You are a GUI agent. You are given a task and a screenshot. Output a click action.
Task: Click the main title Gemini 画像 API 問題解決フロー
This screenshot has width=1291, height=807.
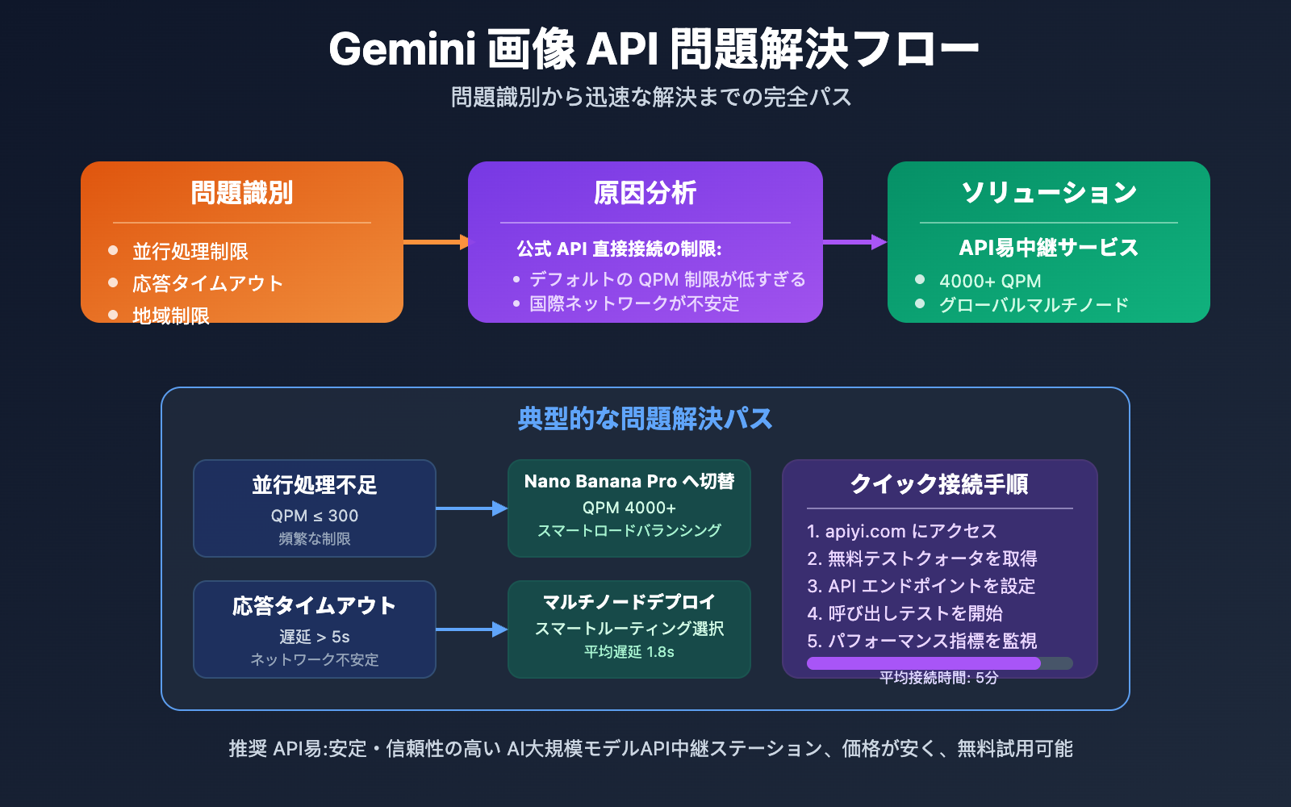click(654, 49)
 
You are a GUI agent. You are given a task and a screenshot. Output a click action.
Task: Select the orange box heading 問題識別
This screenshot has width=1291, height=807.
click(242, 194)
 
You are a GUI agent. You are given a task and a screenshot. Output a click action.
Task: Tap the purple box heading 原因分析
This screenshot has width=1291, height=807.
click(645, 194)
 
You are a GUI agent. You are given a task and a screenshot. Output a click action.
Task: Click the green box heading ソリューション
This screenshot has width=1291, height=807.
click(1049, 193)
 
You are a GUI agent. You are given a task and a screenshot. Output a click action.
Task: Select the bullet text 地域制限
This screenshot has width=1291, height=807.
click(171, 316)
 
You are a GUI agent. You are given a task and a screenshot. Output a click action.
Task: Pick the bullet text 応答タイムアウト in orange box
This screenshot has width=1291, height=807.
click(208, 283)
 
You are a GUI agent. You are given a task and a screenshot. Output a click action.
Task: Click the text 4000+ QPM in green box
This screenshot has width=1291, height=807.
click(990, 281)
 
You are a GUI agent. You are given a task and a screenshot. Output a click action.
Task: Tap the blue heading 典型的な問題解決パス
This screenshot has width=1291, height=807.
click(645, 419)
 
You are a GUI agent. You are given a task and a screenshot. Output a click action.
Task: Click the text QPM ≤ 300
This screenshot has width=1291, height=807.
click(315, 516)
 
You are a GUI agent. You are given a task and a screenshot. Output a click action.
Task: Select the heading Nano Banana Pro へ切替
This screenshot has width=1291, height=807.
click(629, 482)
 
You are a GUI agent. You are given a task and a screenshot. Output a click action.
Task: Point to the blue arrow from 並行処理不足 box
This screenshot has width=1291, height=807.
click(471, 508)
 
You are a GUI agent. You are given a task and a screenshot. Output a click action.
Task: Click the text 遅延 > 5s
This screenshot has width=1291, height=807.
click(315, 637)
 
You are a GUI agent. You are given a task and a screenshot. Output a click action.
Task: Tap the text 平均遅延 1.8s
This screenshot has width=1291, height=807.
click(629, 652)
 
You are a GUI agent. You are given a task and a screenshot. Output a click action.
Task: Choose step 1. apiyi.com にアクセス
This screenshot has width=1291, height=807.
click(902, 531)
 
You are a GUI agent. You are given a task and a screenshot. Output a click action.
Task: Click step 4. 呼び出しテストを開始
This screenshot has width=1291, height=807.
click(905, 613)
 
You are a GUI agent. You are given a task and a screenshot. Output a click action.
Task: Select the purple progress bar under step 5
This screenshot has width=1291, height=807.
click(924, 663)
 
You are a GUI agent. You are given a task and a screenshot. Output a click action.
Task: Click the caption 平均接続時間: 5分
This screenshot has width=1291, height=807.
click(939, 678)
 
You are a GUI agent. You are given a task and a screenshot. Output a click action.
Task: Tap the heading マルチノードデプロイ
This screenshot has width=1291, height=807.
click(629, 602)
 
